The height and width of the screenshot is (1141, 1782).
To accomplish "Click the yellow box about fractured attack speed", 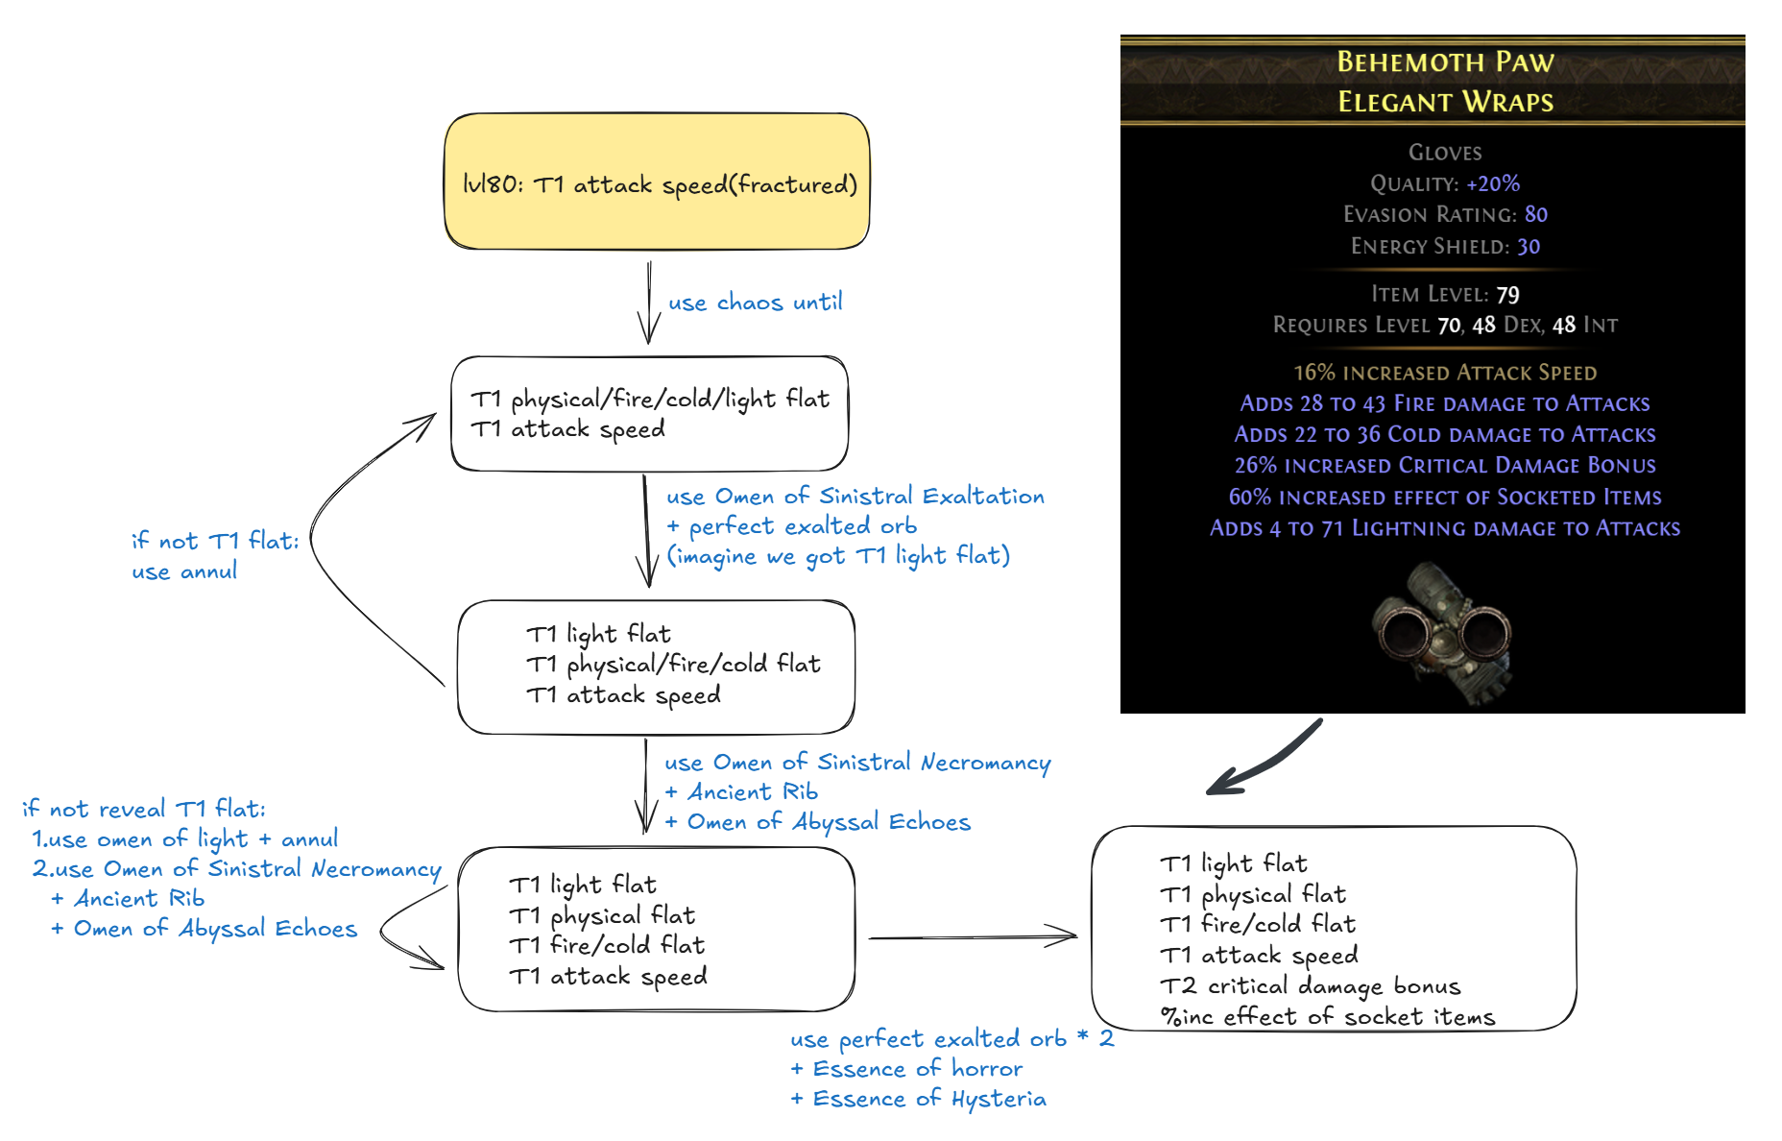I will [x=657, y=182].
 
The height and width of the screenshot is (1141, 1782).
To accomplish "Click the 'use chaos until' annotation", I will [x=755, y=303].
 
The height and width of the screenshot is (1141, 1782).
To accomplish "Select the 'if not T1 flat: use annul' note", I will [x=214, y=556].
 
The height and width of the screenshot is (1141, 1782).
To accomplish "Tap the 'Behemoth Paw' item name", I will [x=1445, y=62].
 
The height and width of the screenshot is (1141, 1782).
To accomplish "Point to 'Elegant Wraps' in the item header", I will [x=1445, y=102].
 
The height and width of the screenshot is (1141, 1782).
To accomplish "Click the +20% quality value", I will [x=1492, y=183].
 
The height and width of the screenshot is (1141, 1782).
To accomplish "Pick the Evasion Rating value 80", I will [x=1535, y=214].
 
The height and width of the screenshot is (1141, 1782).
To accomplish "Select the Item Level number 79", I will [x=1507, y=294].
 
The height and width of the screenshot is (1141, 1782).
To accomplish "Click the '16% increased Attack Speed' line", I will [x=1445, y=373].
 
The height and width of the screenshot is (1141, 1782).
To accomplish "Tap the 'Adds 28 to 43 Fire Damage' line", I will [x=1445, y=403].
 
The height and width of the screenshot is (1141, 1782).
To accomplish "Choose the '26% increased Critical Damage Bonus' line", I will [x=1445, y=466].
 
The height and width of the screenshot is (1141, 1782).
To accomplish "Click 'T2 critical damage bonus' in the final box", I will [x=1310, y=986].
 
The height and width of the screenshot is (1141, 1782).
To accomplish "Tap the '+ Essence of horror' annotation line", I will [x=906, y=1069].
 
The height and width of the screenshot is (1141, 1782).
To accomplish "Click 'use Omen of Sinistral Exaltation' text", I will [x=855, y=497].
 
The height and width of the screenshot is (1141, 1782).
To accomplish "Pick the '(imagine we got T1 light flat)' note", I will [x=838, y=556].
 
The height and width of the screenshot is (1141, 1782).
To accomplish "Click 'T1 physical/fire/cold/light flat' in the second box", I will [x=650, y=399].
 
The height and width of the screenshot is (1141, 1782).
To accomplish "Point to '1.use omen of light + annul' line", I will [x=184, y=839].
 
